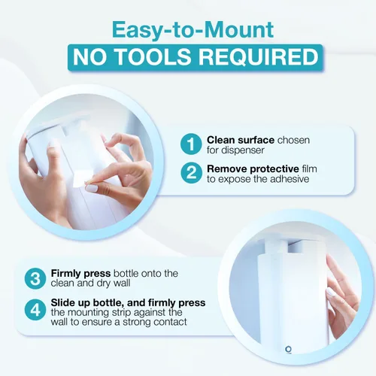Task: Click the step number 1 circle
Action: (191, 144)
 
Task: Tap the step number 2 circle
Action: (191, 173)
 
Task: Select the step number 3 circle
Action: (35, 278)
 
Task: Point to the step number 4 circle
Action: (35, 310)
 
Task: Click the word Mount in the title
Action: (240, 29)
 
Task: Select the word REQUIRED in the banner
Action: (259, 57)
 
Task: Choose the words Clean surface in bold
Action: (241, 140)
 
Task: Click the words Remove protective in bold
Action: (253, 169)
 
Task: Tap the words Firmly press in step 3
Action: (80, 273)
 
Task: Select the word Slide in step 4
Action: (62, 303)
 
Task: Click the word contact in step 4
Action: (171, 322)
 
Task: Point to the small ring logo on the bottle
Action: (289, 349)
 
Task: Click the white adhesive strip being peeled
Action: (83, 177)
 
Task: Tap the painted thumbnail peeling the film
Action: (91, 188)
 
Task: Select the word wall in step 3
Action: (122, 283)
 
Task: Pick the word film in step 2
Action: (309, 169)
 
